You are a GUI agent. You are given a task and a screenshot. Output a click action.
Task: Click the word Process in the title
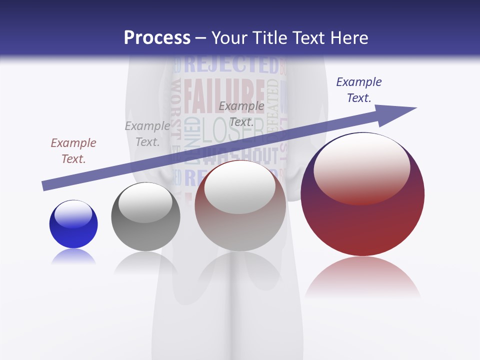(157, 38)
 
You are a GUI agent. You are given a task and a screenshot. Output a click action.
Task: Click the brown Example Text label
(73, 150)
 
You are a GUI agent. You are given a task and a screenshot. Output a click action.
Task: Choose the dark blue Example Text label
(358, 90)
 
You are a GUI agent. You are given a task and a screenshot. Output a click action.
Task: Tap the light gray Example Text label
(147, 134)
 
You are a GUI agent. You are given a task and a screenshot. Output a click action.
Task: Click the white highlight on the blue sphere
(73, 213)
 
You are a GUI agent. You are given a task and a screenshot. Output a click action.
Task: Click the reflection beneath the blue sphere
(73, 257)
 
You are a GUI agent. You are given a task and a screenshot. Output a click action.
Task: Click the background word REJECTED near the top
(231, 65)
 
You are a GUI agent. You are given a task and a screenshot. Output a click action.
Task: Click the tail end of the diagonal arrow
(45, 185)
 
